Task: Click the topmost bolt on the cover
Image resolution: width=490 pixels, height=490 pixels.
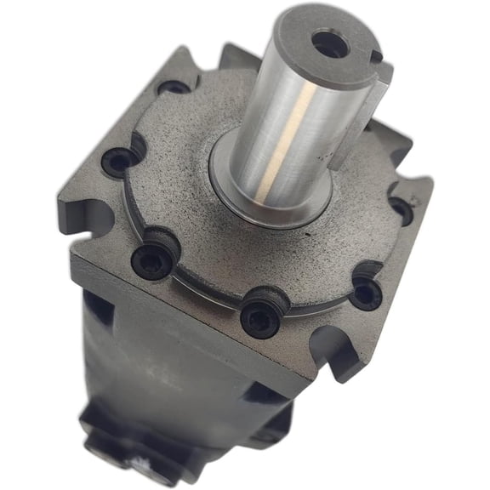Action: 176,86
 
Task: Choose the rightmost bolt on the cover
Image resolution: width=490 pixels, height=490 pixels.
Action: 399,208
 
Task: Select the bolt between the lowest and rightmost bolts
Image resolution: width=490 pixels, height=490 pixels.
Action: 366,293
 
